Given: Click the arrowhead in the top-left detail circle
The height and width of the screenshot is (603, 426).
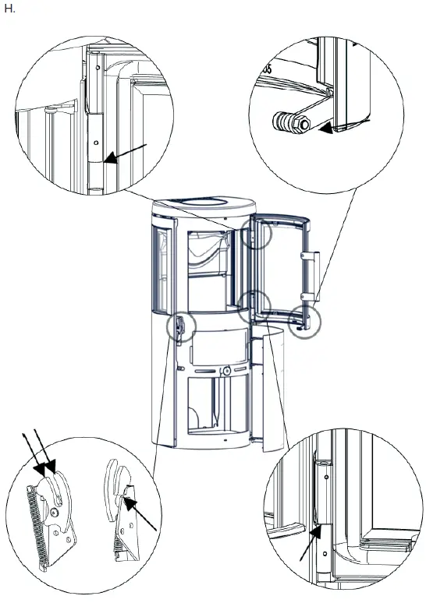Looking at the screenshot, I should click(x=109, y=160).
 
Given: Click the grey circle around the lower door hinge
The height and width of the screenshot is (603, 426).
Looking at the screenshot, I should click(x=254, y=306).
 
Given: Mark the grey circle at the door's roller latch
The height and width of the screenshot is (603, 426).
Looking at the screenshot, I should click(x=304, y=322).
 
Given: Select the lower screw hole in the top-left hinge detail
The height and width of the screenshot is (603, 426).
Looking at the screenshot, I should click(x=95, y=143).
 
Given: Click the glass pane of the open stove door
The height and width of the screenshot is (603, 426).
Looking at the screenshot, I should click(x=285, y=261).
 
